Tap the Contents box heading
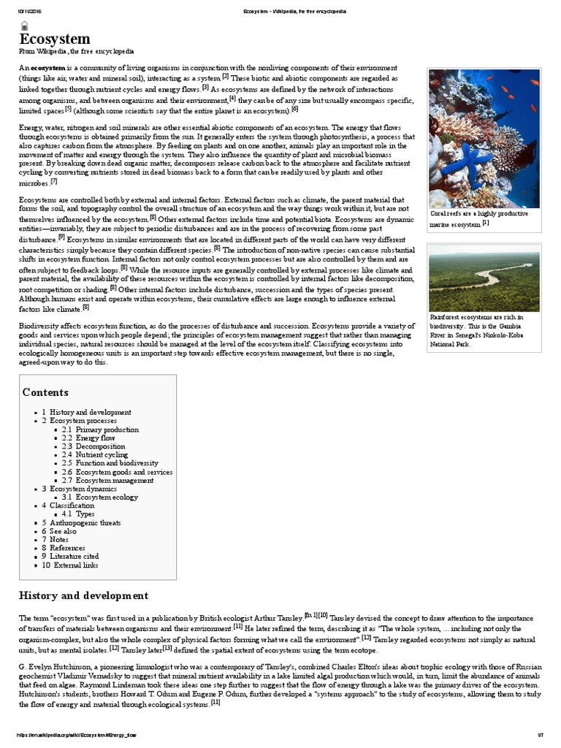45,392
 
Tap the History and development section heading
83,595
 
